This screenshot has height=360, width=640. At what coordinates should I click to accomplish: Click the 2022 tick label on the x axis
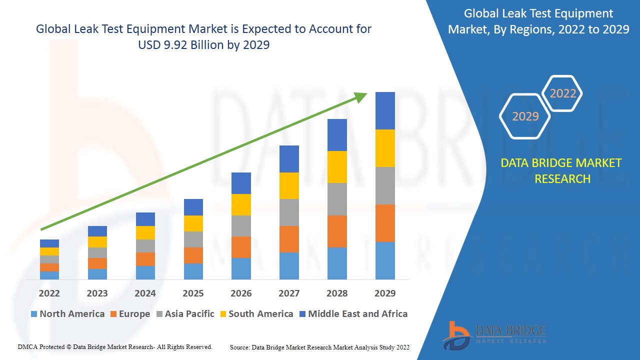coord(49,293)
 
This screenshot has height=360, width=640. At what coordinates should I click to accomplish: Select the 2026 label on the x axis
coord(241,293)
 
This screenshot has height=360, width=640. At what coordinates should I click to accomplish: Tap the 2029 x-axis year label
coord(385,293)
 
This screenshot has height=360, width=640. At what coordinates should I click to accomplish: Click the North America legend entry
coord(67,314)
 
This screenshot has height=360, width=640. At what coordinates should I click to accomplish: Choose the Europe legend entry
coord(130,314)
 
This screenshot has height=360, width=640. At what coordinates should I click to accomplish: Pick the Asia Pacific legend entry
coord(185,314)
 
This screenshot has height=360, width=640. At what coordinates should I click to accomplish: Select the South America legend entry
coord(256,314)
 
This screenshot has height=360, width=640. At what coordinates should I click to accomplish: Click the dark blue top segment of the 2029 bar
coord(385,110)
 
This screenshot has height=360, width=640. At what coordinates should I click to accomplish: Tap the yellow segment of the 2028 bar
coord(337,167)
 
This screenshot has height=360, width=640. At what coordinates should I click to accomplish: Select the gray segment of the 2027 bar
coord(289,212)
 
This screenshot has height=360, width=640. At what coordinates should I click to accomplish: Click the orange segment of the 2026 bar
coord(241,247)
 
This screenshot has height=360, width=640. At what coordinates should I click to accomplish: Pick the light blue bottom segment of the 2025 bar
coord(193,271)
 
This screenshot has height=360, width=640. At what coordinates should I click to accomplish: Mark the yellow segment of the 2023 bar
coord(97,242)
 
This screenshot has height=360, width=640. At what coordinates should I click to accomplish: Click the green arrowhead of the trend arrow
coord(361,96)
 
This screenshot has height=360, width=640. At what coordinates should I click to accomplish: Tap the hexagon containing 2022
coord(562,93)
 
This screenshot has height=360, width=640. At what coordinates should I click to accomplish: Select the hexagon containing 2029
coord(525,116)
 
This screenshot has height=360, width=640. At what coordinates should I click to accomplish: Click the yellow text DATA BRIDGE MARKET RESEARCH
coord(561,170)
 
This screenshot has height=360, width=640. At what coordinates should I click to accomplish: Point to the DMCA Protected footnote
coord(115,346)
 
